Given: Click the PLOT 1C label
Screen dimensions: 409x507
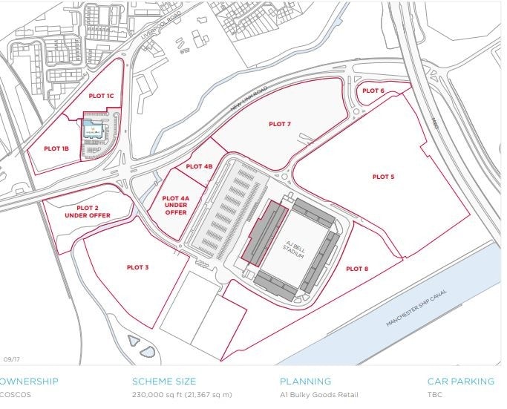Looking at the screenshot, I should tap(101, 96).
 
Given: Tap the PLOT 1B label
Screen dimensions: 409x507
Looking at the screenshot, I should tap(56, 149).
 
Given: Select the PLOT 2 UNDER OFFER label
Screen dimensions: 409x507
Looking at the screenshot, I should tap(87, 212).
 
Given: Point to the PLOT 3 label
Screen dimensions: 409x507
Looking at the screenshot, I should tap(137, 267).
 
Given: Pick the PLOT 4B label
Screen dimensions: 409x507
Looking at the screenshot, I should tap(199, 166).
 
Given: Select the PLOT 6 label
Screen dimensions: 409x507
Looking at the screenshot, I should tap(373, 91).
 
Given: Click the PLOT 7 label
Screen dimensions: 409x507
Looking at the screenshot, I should tap(280, 124).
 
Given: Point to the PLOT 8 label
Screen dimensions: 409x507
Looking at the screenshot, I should tap(357, 269).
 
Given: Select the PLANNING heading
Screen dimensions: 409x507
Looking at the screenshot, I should tap(305, 382).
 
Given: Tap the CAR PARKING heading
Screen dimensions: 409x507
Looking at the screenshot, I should tap(460, 382).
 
